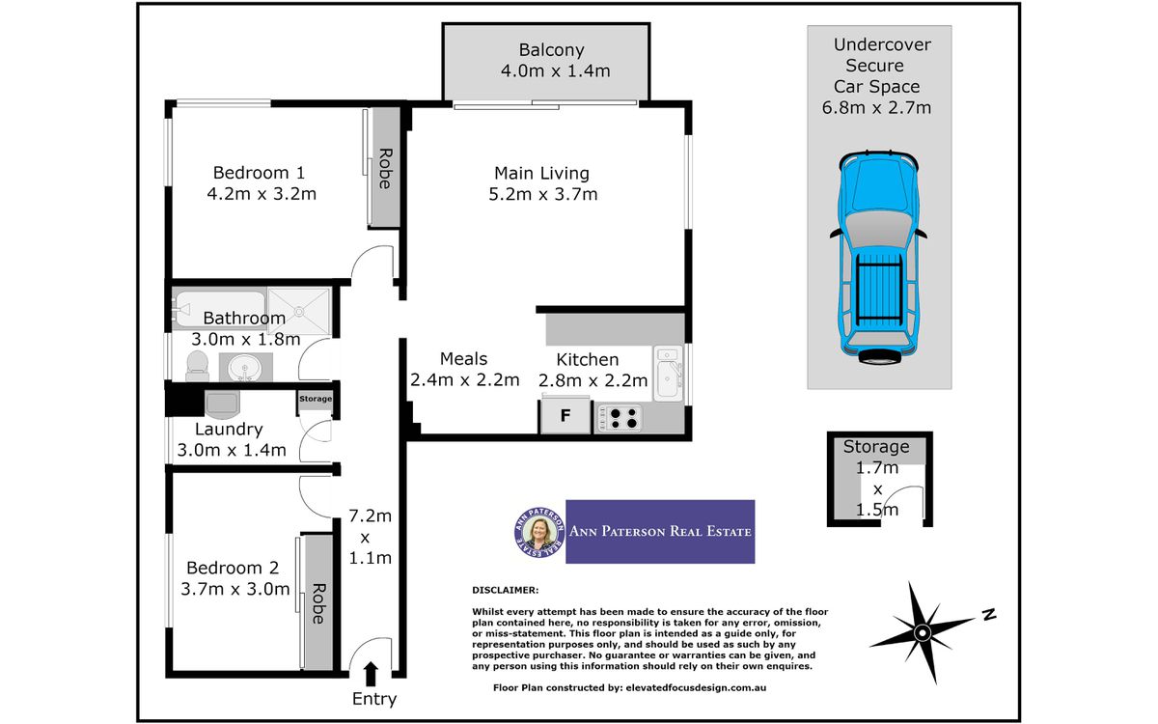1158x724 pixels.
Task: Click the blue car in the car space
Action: click(878, 257)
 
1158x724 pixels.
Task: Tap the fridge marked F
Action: click(565, 416)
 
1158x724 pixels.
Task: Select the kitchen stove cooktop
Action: click(620, 418)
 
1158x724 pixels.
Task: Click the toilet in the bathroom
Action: click(197, 366)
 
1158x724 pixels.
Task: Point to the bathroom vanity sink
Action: click(246, 368)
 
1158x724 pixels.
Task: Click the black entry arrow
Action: click(371, 674)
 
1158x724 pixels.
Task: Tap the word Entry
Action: click(374, 699)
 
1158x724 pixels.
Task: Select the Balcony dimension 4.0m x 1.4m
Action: click(555, 70)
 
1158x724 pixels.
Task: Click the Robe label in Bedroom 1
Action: click(386, 169)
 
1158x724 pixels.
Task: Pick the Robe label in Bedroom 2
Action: click(317, 603)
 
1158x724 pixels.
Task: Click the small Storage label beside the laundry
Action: click(316, 399)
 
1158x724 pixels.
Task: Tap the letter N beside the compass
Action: click(989, 614)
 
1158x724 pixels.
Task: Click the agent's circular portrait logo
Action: click(538, 532)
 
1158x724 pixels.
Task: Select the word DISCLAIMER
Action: click(505, 590)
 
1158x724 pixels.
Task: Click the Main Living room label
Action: click(541, 173)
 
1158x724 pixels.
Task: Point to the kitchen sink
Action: click(668, 374)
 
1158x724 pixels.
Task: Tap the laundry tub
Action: click(222, 404)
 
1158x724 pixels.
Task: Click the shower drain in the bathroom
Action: click(299, 311)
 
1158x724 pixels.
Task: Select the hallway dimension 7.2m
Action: click(370, 515)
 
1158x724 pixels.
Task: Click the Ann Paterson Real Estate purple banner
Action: click(660, 532)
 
